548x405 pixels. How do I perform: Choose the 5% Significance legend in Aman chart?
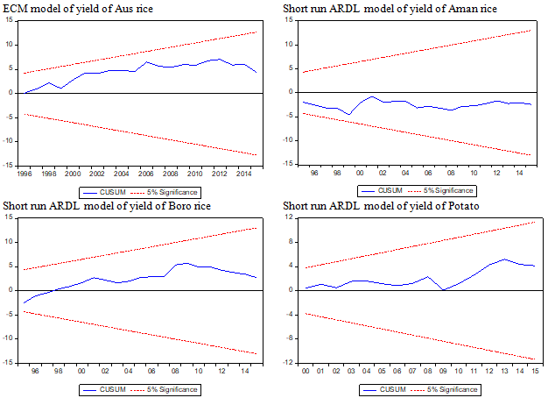pos(451,189)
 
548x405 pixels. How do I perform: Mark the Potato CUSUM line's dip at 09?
pos(443,289)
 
